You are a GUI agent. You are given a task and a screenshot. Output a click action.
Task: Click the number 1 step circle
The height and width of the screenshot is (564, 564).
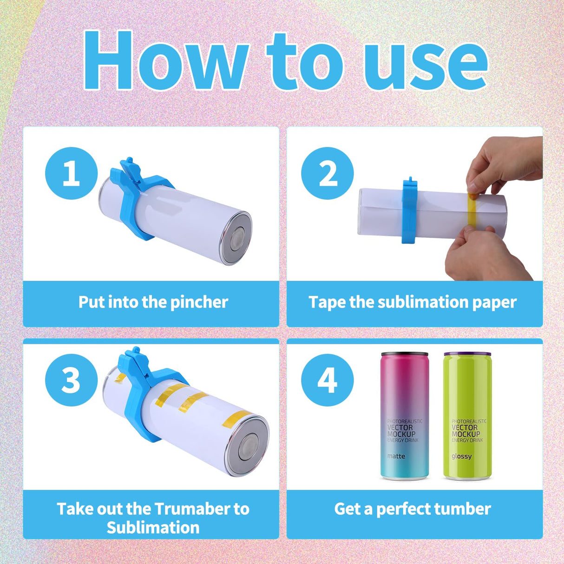point(72,173)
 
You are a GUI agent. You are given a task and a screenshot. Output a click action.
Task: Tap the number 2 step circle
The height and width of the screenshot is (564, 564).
point(328,173)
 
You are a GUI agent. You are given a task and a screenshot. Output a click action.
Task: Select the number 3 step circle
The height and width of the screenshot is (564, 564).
point(72,380)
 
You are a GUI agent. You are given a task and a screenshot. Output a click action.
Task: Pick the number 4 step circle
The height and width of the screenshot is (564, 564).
point(328,380)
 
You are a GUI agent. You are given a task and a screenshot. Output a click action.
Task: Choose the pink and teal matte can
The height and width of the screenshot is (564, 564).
point(404,416)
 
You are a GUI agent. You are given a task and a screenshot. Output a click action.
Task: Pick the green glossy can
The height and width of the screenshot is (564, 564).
point(467,416)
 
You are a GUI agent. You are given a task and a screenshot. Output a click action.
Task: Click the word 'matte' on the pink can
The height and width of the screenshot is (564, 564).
point(396,456)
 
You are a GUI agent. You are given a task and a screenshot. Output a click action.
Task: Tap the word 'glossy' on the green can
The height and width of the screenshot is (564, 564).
point(461,456)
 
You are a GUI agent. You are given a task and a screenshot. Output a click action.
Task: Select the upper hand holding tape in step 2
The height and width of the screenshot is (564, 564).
point(504,163)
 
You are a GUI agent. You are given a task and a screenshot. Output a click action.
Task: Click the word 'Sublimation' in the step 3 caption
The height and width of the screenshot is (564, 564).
point(153,528)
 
